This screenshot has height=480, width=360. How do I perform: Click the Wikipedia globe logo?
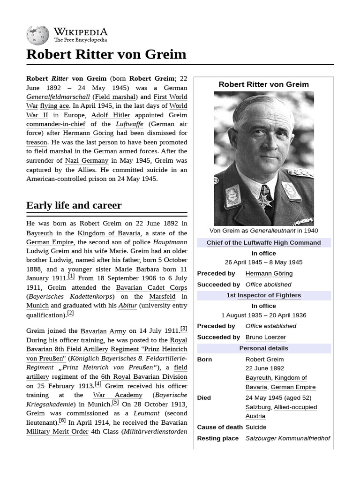(37, 34)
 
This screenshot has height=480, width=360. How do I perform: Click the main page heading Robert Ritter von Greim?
(106, 54)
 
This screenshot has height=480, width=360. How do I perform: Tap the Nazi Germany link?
(87, 160)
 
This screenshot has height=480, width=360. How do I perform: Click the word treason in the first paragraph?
(37, 142)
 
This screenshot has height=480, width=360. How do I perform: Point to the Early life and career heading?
(74, 205)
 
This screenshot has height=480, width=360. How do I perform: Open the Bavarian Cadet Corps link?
(151, 287)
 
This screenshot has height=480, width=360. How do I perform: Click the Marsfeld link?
(162, 297)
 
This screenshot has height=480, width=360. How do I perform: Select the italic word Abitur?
(127, 306)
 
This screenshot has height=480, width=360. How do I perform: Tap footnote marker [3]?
(184, 329)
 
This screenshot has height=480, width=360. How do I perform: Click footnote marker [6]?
(62, 420)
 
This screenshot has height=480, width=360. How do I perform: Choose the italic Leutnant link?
(146, 413)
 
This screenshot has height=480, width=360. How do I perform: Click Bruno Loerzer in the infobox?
(265, 337)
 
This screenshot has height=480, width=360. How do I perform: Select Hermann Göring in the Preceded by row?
(269, 273)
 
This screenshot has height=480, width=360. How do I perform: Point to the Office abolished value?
(268, 285)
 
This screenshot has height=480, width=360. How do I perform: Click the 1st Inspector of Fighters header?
(263, 295)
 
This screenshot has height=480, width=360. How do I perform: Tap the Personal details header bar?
(263, 348)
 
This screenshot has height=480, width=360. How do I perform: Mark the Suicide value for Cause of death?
(255, 427)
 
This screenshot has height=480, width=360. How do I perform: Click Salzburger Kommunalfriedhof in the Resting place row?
(287, 438)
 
